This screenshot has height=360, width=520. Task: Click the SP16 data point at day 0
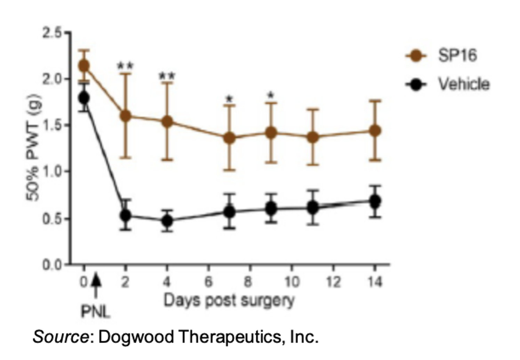tap(84, 66)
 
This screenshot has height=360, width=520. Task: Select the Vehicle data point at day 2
tap(125, 215)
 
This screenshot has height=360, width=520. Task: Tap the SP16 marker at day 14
tap(374, 131)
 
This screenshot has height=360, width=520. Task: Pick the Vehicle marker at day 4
tap(167, 220)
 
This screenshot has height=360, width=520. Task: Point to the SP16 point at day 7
tap(229, 138)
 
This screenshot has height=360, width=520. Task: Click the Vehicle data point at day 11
tap(313, 208)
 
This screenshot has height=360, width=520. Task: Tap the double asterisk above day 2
tap(125, 65)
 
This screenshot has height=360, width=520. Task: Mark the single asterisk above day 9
tap(271, 95)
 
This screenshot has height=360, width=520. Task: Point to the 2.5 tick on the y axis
tap(52, 33)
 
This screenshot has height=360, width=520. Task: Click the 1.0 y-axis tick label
tap(52, 172)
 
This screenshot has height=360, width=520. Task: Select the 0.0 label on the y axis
tap(52, 265)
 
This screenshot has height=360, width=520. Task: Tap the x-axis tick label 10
tap(292, 281)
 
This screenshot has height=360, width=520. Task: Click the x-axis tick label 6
tap(208, 281)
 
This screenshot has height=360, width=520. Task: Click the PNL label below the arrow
tap(95, 311)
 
